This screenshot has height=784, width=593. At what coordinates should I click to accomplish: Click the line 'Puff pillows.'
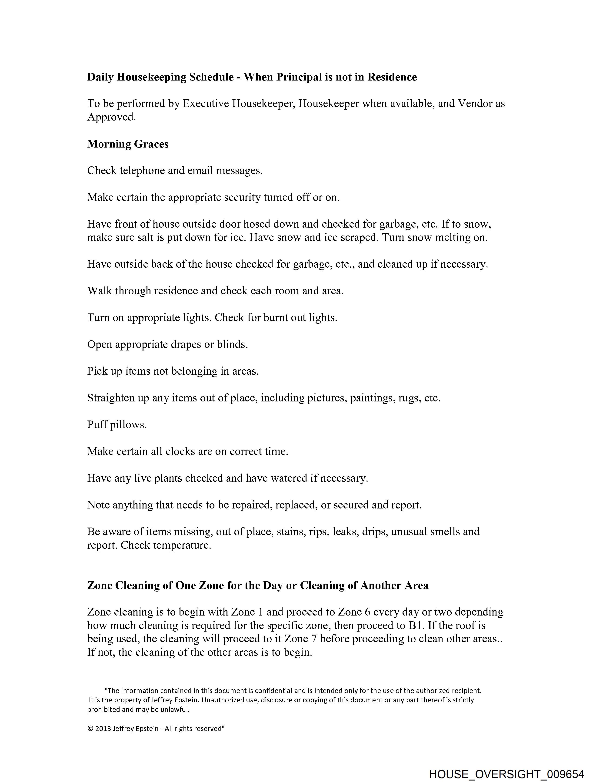point(117,425)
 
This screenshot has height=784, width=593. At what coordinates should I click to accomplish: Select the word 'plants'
point(168,478)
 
